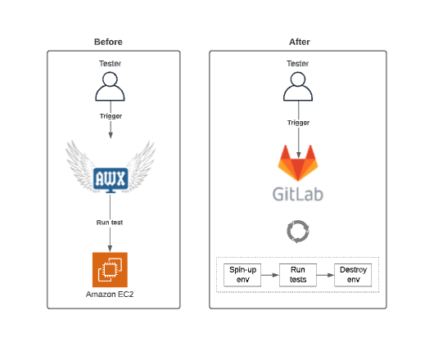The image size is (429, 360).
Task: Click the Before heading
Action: pos(108,42)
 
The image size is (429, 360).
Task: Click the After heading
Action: pos(300,42)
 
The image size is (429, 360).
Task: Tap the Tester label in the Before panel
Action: pos(110,64)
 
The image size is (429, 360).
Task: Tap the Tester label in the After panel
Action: pos(298,64)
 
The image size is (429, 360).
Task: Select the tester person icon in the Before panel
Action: pos(110,87)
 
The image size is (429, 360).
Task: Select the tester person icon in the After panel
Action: pos(298,87)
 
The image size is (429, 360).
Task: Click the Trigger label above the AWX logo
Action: pos(111,116)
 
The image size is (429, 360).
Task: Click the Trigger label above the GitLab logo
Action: pos(299,123)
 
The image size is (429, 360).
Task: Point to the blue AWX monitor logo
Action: pos(111,180)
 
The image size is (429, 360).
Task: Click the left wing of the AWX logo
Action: pos(80,165)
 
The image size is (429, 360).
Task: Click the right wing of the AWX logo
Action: pos(141,165)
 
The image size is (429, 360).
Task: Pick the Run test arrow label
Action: pos(110,223)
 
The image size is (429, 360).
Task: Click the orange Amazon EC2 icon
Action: pos(110,269)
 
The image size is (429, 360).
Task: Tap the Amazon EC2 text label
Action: pos(110,294)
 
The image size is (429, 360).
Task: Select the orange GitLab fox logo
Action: pos(298,163)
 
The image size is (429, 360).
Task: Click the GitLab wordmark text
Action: pos(298,194)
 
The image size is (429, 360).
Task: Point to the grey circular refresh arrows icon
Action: pos(298,232)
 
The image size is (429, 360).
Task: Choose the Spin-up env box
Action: pos(242,275)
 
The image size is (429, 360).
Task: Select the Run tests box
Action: pos(298,275)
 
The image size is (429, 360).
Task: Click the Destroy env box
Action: pos(353,275)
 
